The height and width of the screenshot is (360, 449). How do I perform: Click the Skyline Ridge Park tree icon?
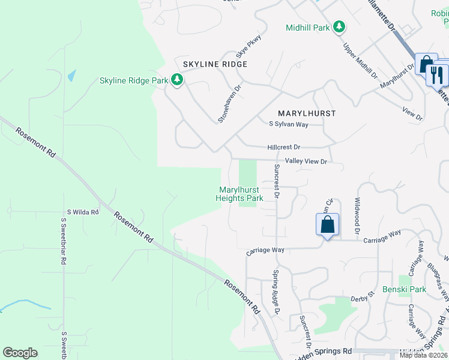pyautogui.click(x=176, y=80)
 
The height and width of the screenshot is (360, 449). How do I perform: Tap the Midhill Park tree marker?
pyautogui.click(x=339, y=27)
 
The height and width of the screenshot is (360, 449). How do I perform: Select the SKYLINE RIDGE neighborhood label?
pyautogui.click(x=206, y=64)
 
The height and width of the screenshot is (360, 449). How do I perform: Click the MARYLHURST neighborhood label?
pyautogui.click(x=307, y=113)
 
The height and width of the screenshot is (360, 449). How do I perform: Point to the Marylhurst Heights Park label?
pyautogui.click(x=239, y=194)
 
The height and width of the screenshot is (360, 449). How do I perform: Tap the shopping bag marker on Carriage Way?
pyautogui.click(x=328, y=225)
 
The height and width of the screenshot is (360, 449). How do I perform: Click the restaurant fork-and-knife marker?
pyautogui.click(x=437, y=74)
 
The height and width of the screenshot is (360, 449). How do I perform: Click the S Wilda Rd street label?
pyautogui.click(x=83, y=212)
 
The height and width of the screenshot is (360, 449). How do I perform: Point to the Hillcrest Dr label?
pyautogui.click(x=283, y=147)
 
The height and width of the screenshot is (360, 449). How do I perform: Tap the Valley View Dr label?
pyautogui.click(x=306, y=161)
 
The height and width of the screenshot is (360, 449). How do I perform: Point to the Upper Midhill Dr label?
pyautogui.click(x=360, y=61)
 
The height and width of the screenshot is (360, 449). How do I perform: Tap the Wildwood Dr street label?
pyautogui.click(x=357, y=216)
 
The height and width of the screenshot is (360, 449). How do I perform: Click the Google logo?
pyautogui.click(x=20, y=353)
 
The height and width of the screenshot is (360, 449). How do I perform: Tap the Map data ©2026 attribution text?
pyautogui.click(x=423, y=355)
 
